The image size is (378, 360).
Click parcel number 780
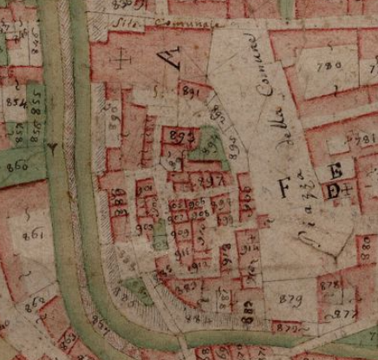point(329,66)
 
